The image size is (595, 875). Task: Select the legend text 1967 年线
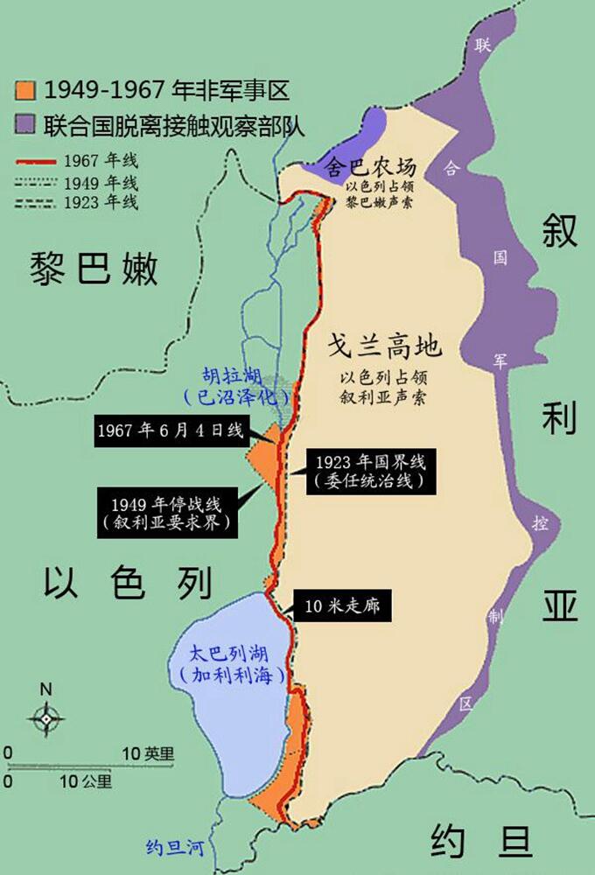tap(101, 161)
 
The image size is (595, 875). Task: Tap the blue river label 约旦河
tap(176, 847)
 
